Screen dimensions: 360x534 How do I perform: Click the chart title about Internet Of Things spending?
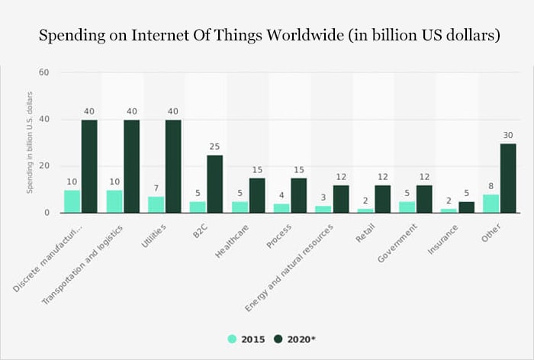click(x=266, y=37)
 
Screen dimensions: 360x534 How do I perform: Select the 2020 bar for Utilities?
click(x=173, y=166)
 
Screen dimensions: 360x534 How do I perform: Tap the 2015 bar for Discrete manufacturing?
click(x=72, y=201)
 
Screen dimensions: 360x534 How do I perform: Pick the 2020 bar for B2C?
click(x=215, y=184)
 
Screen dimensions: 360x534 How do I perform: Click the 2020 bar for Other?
click(x=509, y=178)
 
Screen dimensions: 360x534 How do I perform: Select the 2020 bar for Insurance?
click(x=467, y=207)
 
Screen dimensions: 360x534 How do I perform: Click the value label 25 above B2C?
click(x=215, y=146)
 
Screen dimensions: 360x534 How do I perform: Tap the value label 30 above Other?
click(x=509, y=135)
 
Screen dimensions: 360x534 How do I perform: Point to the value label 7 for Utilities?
click(x=156, y=188)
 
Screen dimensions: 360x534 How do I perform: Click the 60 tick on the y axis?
click(x=43, y=73)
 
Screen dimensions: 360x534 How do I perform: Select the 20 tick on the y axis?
click(x=43, y=166)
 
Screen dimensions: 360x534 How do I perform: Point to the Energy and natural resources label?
click(x=291, y=266)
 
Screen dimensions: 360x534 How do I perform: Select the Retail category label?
click(x=365, y=233)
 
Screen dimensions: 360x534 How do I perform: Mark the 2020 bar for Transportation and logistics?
click(x=131, y=166)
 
